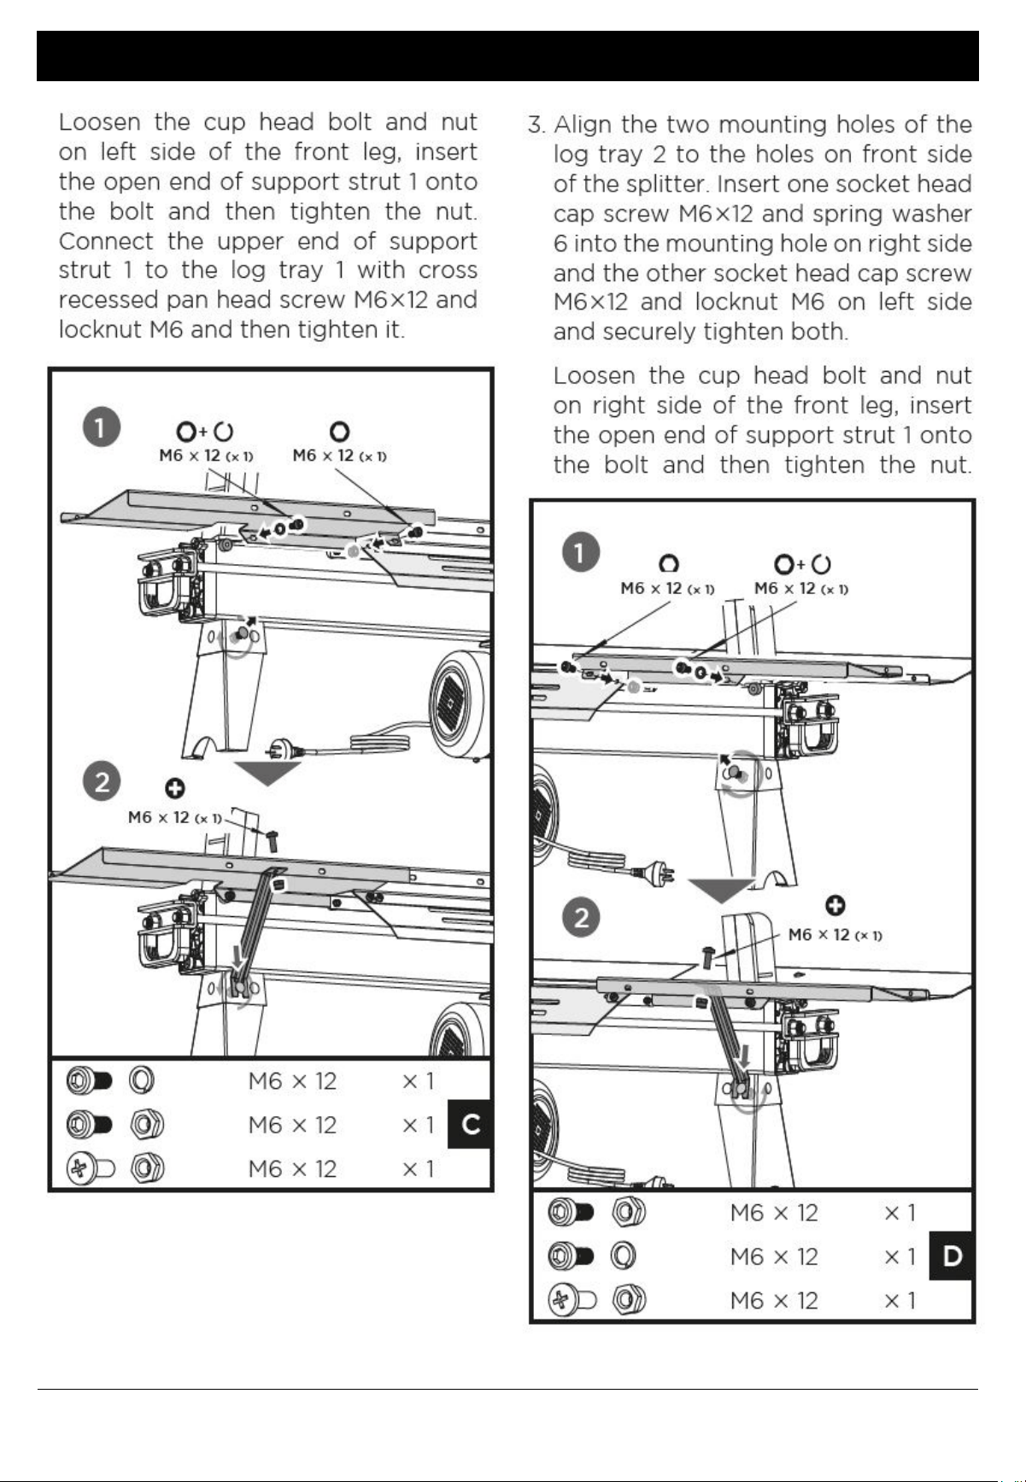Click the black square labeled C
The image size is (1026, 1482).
470,1125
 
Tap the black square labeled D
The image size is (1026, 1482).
952,1256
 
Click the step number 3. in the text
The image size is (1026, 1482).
536,126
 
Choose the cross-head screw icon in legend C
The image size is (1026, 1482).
90,1168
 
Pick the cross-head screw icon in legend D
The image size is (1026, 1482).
571,1301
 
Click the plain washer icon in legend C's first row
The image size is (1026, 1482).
142,1081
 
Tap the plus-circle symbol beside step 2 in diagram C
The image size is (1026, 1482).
176,787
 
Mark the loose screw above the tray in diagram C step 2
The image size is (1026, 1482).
271,840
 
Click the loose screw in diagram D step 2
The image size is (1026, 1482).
707,956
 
